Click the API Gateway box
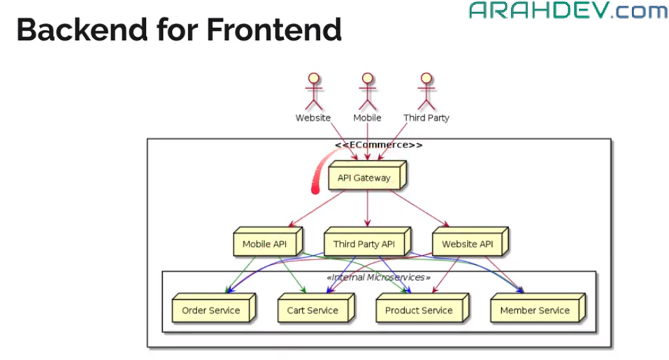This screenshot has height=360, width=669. [367, 175]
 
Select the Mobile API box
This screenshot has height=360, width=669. [268, 241]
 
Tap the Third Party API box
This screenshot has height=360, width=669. [367, 241]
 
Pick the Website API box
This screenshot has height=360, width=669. [470, 241]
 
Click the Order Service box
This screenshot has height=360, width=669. [214, 308]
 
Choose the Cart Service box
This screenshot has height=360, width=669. [316, 308]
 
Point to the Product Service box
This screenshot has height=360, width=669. [422, 308]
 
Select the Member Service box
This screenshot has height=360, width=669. [538, 308]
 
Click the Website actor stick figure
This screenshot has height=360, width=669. [314, 92]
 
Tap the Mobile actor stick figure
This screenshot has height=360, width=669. [367, 92]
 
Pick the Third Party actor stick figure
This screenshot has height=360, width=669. [426, 92]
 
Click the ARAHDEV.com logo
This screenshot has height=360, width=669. [568, 10]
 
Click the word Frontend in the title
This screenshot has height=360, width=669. [274, 30]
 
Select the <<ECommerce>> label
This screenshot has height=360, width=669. [379, 145]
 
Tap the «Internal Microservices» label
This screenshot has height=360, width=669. [379, 278]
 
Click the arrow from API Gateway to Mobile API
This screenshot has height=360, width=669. [317, 208]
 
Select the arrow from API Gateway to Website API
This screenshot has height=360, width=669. [419, 208]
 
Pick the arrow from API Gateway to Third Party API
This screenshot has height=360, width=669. [367, 208]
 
